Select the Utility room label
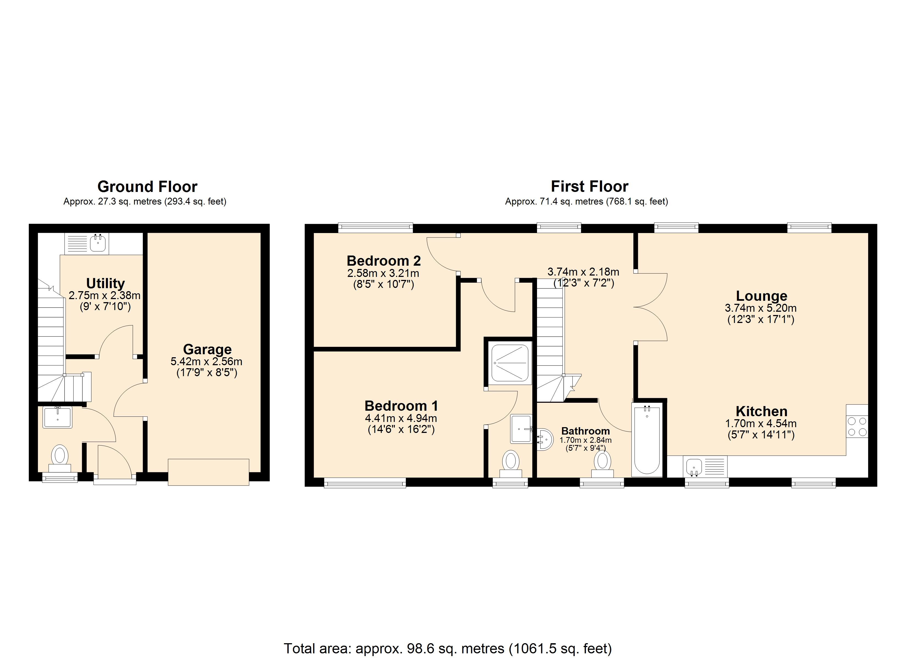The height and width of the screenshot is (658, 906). coord(105,283)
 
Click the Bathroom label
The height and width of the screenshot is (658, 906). coord(585,431)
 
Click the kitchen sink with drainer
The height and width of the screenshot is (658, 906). coord(705,466)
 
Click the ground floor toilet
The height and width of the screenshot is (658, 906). coord(60,458)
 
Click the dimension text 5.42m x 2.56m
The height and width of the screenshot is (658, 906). coord(206,362)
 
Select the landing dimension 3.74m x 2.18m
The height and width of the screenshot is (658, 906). coord(583,272)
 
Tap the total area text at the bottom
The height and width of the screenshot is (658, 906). coord(448,648)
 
